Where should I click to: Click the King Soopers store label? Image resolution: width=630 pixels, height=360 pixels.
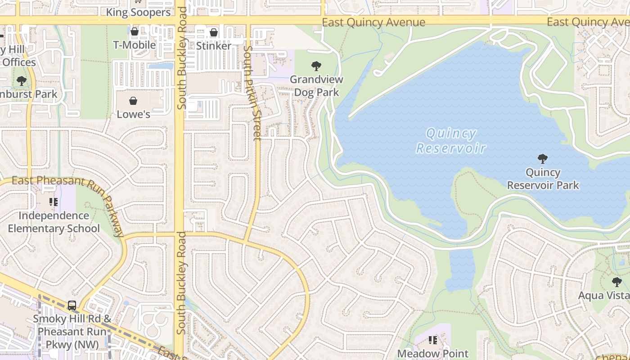(138, 12)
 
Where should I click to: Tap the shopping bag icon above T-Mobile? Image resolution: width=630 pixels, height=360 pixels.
(134, 31)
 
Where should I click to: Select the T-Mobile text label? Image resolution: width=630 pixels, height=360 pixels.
(134, 45)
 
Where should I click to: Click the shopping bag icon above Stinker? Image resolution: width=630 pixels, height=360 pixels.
(214, 32)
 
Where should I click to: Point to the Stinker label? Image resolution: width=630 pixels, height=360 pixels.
(214, 46)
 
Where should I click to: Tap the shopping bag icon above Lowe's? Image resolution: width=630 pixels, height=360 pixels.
(133, 101)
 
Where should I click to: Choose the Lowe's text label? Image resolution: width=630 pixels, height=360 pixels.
(133, 114)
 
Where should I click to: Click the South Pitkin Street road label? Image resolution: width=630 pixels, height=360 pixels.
(252, 93)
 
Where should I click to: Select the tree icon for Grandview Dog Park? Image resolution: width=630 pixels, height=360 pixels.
(316, 66)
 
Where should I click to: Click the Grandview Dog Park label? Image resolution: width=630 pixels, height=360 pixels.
(316, 86)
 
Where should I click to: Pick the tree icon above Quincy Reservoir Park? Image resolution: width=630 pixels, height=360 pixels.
(543, 158)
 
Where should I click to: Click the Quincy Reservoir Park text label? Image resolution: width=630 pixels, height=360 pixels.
(543, 179)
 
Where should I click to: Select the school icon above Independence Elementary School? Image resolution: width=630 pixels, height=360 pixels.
(54, 202)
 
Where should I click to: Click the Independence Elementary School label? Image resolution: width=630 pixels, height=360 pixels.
(54, 222)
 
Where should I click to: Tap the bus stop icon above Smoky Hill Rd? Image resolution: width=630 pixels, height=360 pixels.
(72, 306)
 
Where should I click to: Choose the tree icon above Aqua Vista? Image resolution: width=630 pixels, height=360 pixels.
(616, 282)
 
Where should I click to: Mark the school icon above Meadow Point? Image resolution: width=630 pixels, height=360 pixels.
(432, 340)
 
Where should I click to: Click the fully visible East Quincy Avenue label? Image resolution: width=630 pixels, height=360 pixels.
(373, 22)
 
